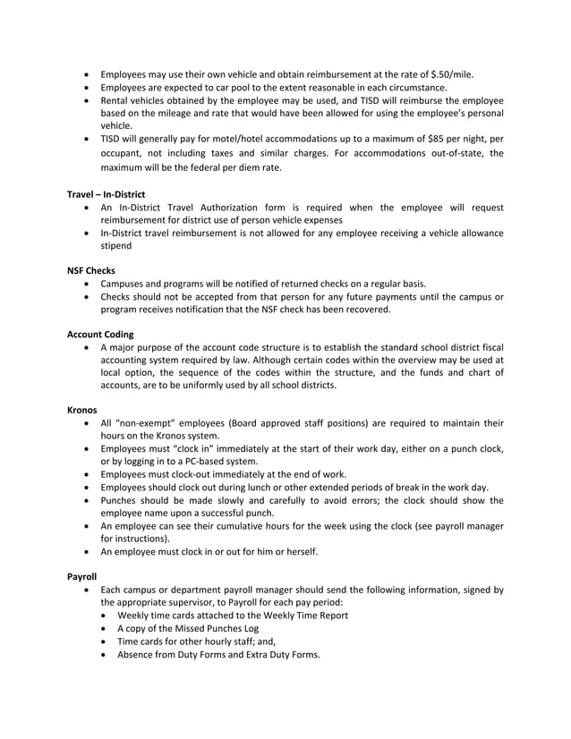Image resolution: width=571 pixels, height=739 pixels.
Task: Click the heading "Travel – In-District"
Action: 106,194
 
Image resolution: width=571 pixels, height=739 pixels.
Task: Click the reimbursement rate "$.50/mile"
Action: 451,73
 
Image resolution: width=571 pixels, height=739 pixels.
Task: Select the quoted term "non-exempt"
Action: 150,422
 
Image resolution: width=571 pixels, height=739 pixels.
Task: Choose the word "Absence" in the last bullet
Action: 137,653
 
